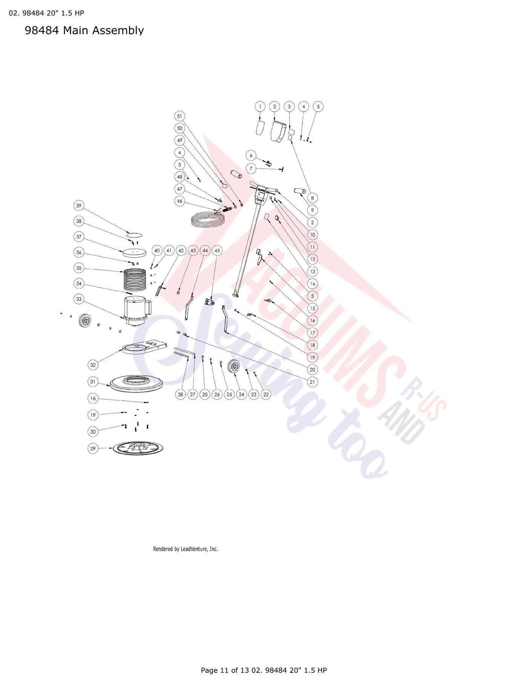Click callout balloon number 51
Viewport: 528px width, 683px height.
180,116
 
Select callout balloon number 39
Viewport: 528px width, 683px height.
78,205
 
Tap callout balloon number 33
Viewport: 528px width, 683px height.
78,299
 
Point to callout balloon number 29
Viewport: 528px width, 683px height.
93,448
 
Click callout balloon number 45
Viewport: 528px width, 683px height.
217,250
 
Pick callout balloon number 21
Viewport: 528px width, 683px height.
312,382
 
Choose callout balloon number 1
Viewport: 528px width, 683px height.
260,107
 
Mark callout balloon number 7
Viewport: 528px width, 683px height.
251,168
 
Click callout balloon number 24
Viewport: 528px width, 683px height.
241,394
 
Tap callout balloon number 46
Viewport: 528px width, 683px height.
180,201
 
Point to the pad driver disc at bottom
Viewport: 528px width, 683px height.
138,449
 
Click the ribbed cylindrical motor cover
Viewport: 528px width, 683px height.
135,280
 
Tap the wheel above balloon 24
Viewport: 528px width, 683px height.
235,368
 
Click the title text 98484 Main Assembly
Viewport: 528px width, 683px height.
84,30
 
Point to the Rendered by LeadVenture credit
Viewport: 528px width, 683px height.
185,549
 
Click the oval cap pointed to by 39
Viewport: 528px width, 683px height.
134,235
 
